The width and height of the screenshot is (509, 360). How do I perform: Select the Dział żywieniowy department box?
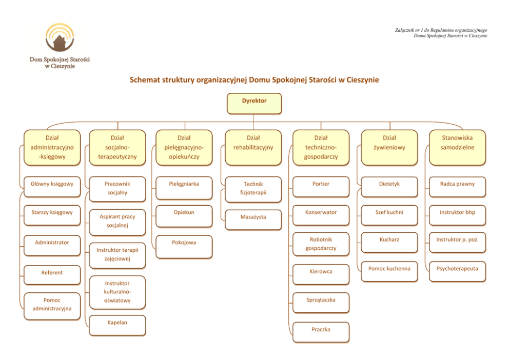coord(389,148)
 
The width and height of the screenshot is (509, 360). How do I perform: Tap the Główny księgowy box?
coord(52,186)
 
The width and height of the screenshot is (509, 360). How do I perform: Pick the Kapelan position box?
coord(117,325)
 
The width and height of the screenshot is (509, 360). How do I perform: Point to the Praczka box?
coord(321,332)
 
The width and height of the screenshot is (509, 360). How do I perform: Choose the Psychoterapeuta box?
coord(457,271)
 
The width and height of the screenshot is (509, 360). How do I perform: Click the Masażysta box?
coord(253,219)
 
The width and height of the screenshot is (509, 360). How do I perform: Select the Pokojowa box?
coord(184,245)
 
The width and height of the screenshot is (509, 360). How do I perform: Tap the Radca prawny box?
coord(457,186)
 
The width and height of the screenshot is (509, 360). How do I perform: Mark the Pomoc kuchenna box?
coord(389,271)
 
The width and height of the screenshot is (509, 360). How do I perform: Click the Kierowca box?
coord(321,273)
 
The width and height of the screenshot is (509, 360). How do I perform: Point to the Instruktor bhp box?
coord(457,214)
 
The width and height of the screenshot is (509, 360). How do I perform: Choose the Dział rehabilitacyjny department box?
coord(253,148)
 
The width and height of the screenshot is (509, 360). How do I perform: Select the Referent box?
coord(52,275)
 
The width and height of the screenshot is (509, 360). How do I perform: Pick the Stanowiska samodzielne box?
coord(457,148)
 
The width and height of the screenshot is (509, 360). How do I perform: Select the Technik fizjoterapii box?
coord(253,188)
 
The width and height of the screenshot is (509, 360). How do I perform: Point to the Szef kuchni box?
coord(389,214)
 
